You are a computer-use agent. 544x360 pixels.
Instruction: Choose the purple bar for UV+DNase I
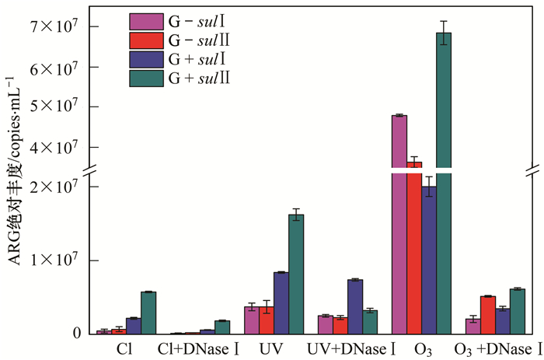pos(355,306)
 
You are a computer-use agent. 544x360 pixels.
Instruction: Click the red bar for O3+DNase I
pos(488,315)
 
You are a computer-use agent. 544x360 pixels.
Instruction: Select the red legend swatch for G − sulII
pos(145,38)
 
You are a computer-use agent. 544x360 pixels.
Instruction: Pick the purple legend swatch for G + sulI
pos(145,58)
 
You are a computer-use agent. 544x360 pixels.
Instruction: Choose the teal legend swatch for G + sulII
pos(145,78)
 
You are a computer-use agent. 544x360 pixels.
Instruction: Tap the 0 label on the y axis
pos(76,334)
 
